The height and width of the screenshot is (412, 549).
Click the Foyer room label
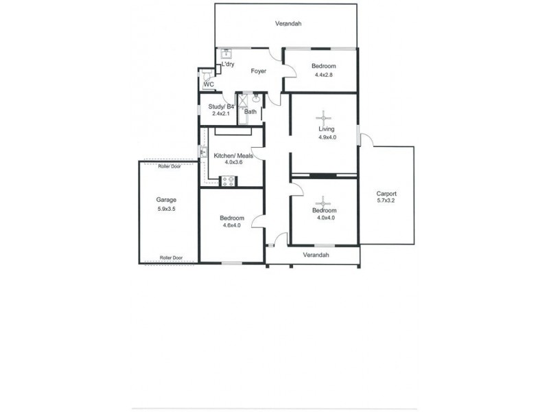pyautogui.click(x=258, y=71)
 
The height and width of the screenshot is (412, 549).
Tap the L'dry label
pyautogui.click(x=228, y=65)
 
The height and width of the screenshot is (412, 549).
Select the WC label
pyautogui.click(x=209, y=84)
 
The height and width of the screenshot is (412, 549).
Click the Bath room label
pyautogui.click(x=250, y=112)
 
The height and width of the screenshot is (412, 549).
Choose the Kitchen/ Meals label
pyautogui.click(x=233, y=156)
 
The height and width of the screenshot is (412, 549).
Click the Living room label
pyautogui.click(x=326, y=129)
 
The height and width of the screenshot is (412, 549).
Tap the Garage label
pyautogui.click(x=166, y=200)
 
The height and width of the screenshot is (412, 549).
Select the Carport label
pyautogui.click(x=386, y=194)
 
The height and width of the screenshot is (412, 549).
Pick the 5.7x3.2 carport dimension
pyautogui.click(x=386, y=201)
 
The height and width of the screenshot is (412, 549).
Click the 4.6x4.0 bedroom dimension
pyautogui.click(x=232, y=225)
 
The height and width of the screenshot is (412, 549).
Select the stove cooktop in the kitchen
pyautogui.click(x=229, y=181)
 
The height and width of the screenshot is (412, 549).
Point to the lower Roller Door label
pyautogui.click(x=171, y=257)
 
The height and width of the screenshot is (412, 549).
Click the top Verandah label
pyautogui.click(x=288, y=24)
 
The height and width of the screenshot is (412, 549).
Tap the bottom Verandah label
pyautogui.click(x=316, y=255)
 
